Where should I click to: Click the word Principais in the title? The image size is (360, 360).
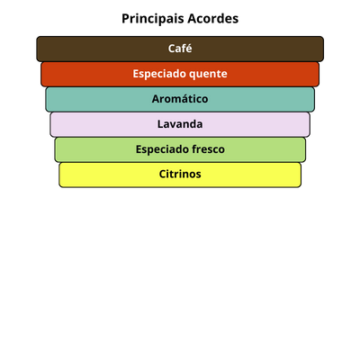(153, 19)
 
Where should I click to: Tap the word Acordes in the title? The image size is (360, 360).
(213, 19)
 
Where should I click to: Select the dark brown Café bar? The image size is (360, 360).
(180, 49)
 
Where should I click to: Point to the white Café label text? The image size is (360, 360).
(180, 49)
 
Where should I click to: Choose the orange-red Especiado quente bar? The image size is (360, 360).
(180, 74)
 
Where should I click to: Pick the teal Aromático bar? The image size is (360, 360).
(180, 99)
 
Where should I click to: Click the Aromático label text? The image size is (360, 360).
(180, 99)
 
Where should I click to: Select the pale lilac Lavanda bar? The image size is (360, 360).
(180, 124)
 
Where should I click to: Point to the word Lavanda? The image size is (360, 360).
(180, 124)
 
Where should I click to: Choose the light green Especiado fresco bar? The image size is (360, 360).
(180, 149)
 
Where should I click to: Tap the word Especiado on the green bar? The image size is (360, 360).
(162, 149)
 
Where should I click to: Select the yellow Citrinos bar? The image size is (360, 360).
(180, 175)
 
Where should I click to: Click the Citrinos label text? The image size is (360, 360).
(180, 174)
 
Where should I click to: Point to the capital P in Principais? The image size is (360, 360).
(125, 19)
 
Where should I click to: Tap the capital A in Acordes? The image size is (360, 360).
(193, 19)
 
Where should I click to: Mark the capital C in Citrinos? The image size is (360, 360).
(163, 174)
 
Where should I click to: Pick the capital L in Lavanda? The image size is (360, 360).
(161, 124)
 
